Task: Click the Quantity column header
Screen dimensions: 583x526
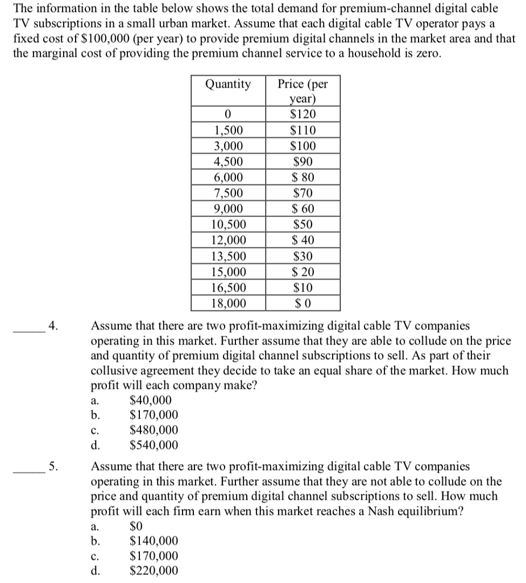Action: pos(227,84)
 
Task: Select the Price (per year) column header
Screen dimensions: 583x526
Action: pos(302,91)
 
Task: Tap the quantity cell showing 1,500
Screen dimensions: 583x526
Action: pos(227,130)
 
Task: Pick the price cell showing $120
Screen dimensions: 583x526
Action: pos(302,114)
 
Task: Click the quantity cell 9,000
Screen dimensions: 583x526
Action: pos(227,208)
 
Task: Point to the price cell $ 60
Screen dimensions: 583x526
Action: pos(302,208)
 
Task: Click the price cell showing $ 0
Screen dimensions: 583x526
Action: pos(302,303)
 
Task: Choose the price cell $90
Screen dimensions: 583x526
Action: pos(302,162)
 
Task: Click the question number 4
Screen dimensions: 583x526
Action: pos(52,327)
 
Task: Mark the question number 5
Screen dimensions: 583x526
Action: pos(52,467)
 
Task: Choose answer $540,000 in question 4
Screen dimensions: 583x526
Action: pos(154,445)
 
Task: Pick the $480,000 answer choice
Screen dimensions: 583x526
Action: pos(154,430)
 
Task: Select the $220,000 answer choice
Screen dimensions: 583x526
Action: pos(154,570)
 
